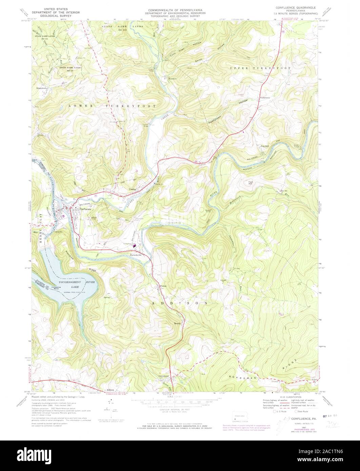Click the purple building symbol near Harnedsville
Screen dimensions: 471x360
coord(134,246)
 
